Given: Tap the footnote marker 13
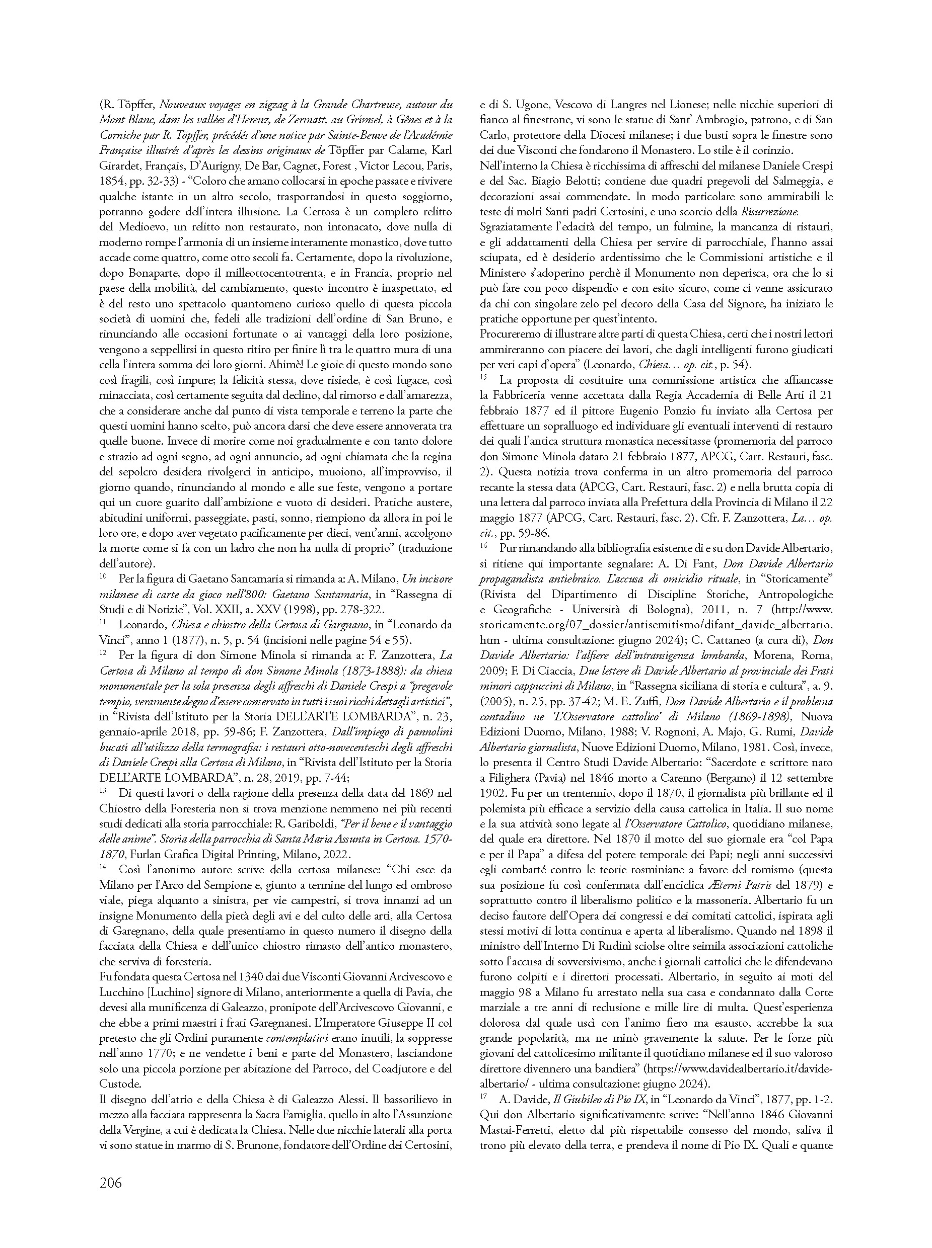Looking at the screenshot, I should pyautogui.click(x=103, y=790).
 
